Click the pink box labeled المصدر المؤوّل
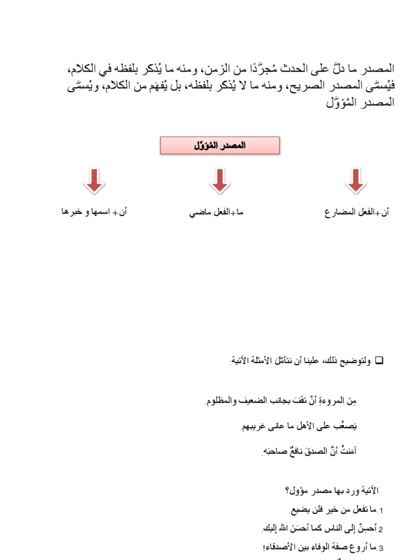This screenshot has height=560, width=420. [x=220, y=145]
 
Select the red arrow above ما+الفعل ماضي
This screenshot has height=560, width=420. [x=220, y=181]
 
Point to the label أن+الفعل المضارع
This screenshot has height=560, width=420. [x=357, y=212]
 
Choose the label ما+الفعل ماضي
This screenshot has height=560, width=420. [x=216, y=212]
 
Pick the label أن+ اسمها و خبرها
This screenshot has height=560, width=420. [x=94, y=212]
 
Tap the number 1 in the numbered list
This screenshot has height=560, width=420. [x=381, y=511]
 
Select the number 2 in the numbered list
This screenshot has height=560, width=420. [x=381, y=529]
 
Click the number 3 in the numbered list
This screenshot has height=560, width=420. [x=381, y=547]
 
